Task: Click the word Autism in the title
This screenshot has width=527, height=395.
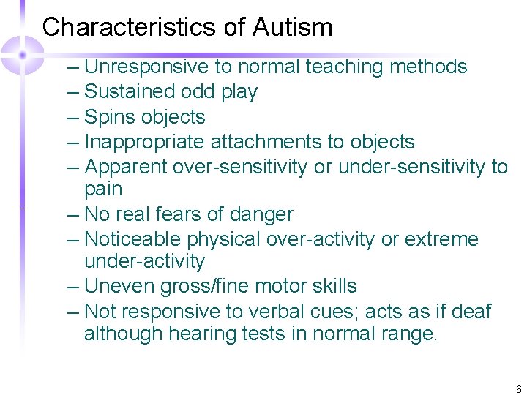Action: (x=293, y=28)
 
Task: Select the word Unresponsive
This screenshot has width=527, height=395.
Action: (x=147, y=67)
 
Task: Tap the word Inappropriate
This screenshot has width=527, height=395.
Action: (x=144, y=142)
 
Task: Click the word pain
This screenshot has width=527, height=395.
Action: (x=103, y=189)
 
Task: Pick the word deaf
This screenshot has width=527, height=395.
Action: (x=473, y=311)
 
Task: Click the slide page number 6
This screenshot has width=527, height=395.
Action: (x=518, y=390)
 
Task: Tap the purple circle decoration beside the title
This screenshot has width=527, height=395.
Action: (x=23, y=53)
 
